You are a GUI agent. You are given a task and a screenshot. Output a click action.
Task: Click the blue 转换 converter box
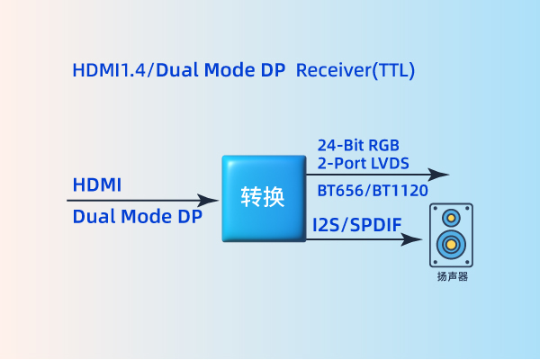[x=263, y=198]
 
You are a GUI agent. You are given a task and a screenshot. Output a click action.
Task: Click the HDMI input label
[x=96, y=184]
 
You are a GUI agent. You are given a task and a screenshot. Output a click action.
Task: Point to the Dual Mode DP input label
[x=137, y=216]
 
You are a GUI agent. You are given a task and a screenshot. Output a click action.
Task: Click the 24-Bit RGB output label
[x=358, y=145]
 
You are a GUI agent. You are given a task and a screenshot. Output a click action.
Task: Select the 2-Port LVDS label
[x=363, y=163]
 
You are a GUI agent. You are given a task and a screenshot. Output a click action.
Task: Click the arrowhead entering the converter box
[x=212, y=201]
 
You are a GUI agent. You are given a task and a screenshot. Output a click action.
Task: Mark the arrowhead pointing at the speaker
[x=415, y=239]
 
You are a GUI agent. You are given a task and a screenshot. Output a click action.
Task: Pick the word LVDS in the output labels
[x=390, y=163]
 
